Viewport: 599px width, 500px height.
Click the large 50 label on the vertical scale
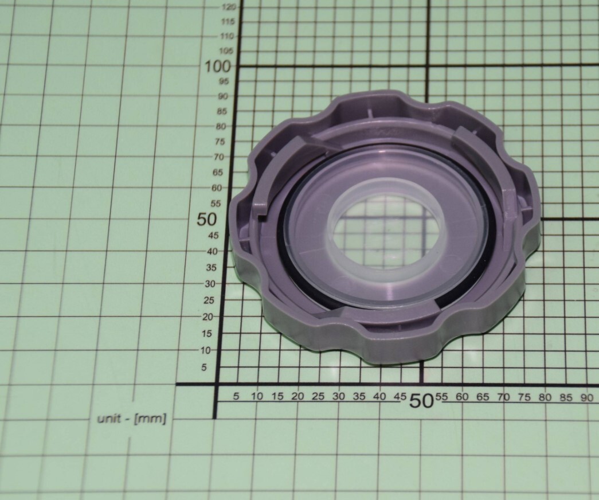pos(206,219)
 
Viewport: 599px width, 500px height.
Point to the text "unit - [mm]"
pos(132,419)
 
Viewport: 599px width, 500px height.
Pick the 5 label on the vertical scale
pos(203,368)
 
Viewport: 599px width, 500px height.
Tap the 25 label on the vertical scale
pos(209,300)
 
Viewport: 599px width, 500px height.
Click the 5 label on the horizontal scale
pos(236,396)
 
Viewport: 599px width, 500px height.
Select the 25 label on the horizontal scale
pos(318,396)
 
